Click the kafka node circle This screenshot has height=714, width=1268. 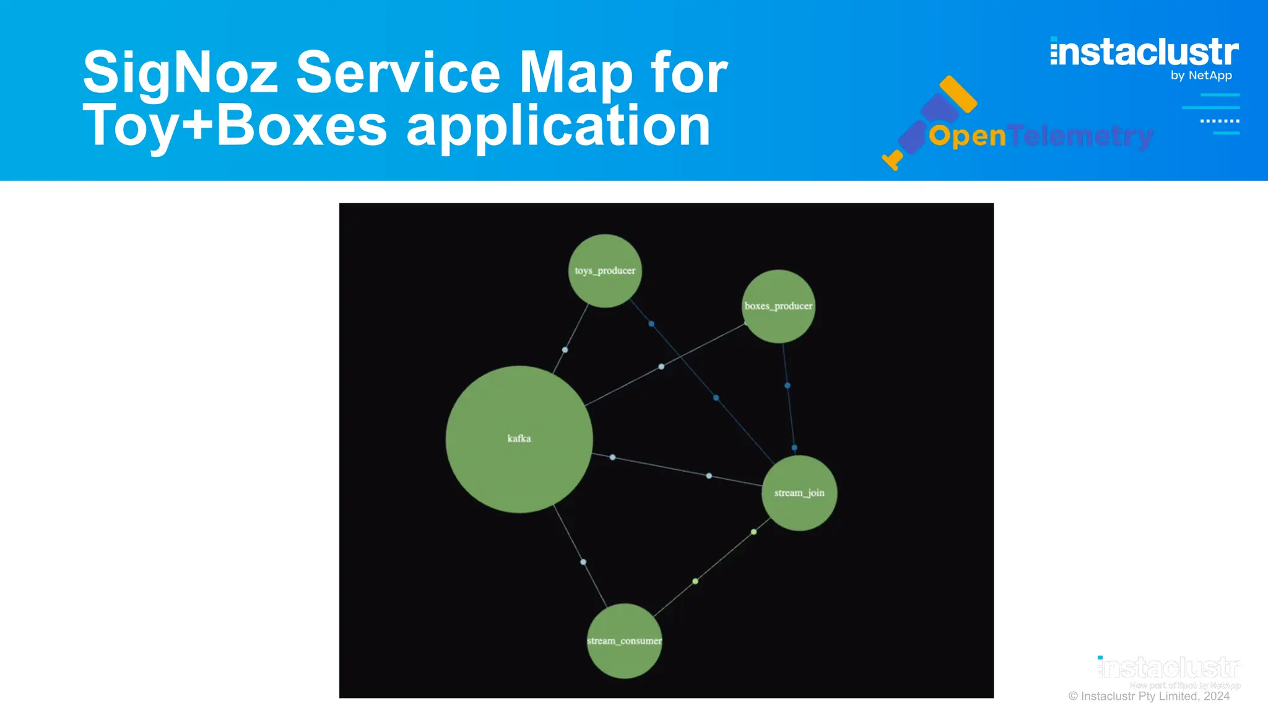[x=519, y=439]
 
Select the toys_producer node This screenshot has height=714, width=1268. [x=605, y=271]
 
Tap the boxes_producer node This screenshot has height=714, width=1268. [x=778, y=306]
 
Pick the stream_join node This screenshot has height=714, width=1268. [x=799, y=493]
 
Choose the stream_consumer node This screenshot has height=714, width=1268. [x=624, y=641]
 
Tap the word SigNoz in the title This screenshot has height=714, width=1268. [x=181, y=73]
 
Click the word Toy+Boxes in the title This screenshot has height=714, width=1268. [x=235, y=126]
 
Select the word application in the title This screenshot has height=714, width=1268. [x=558, y=126]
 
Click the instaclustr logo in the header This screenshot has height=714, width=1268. [x=1144, y=52]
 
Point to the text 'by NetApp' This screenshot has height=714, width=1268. [x=1201, y=76]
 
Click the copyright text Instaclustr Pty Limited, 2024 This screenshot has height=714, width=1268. [x=1149, y=696]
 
